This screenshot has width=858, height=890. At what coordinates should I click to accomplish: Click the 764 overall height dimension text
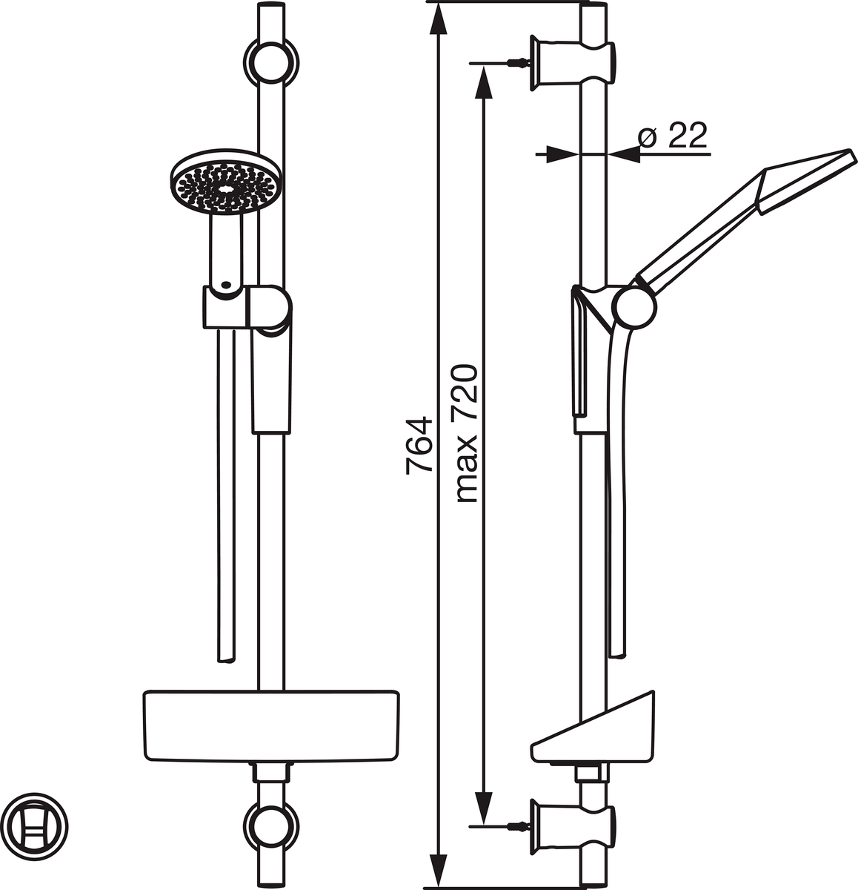pos(419,444)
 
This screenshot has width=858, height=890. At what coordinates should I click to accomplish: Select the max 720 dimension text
pos(467,434)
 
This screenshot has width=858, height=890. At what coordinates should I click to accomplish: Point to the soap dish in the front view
pos(271,726)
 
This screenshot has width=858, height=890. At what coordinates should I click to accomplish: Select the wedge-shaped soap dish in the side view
pos(593,730)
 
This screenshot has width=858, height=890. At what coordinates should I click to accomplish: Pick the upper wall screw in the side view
pos(517,63)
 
